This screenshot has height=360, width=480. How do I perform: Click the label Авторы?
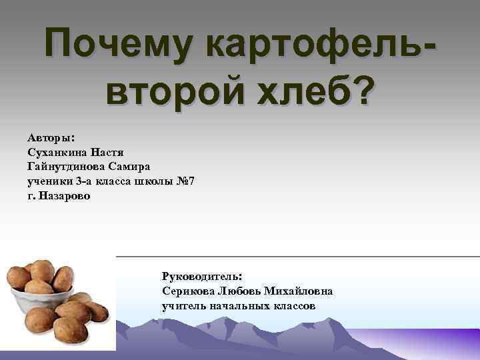point(51,137)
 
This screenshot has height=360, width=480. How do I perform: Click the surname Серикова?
point(187,291)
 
